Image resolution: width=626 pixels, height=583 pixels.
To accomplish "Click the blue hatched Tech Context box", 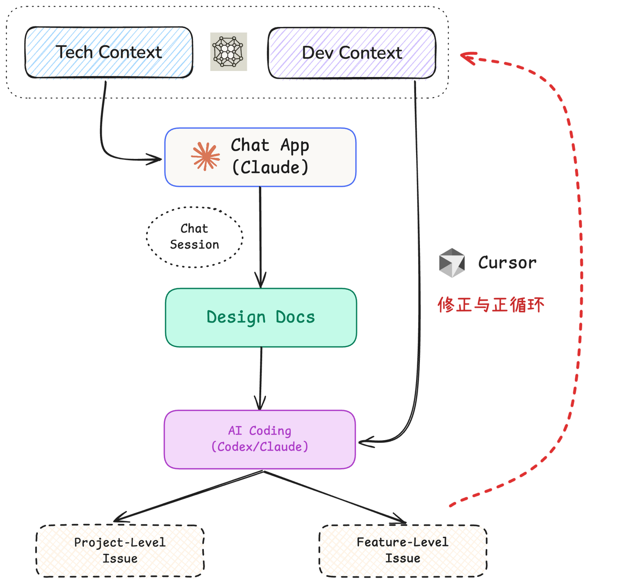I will [x=109, y=52].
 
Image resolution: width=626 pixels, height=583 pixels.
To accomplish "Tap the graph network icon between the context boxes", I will [x=229, y=51].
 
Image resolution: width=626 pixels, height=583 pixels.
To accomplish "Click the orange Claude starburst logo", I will [x=205, y=156].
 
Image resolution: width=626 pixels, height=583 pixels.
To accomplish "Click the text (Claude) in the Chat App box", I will [x=270, y=168].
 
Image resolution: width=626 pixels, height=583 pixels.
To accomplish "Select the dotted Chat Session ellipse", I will [x=194, y=236].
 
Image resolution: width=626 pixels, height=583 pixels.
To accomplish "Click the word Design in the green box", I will [x=236, y=317].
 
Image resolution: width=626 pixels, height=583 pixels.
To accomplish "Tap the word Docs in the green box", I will [x=295, y=317].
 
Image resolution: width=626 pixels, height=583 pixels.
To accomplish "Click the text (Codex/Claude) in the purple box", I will [x=260, y=447].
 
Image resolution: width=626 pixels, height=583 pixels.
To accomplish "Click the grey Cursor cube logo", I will [x=452, y=263].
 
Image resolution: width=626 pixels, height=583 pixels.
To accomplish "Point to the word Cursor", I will [x=507, y=263].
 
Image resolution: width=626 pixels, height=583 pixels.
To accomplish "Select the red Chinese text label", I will [x=490, y=304].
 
